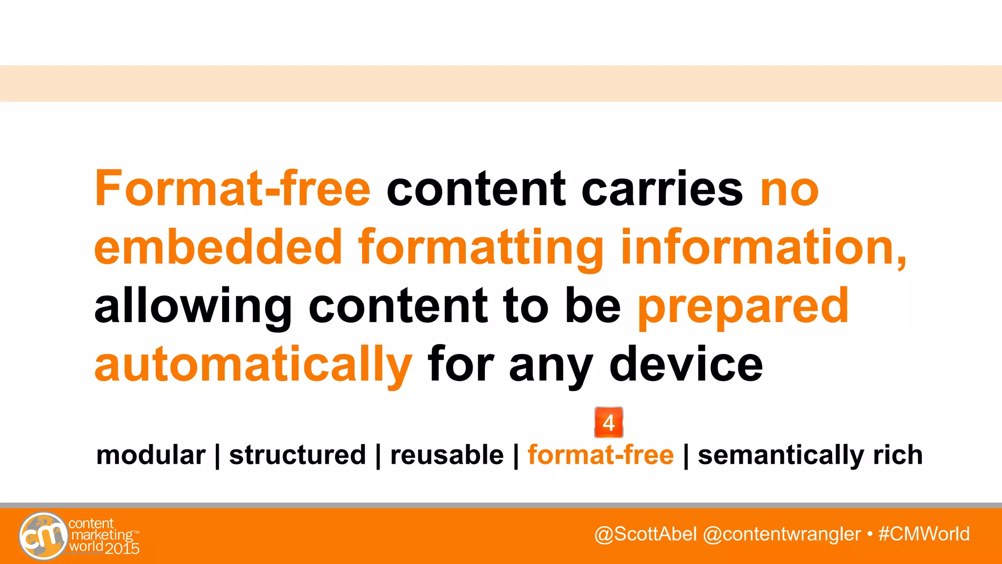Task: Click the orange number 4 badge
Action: click(609, 423)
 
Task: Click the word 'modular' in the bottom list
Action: click(151, 455)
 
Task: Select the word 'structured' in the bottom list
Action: click(297, 455)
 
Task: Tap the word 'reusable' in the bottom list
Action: click(447, 455)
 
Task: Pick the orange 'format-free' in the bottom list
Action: click(601, 455)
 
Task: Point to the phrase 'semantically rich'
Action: click(810, 455)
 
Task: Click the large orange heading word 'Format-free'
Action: click(232, 188)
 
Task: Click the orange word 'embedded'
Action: click(218, 247)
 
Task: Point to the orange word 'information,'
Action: click(763, 247)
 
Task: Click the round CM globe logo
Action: click(43, 536)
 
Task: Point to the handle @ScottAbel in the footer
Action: click(645, 534)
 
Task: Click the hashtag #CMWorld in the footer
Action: click(924, 534)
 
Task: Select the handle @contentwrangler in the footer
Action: click(781, 534)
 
